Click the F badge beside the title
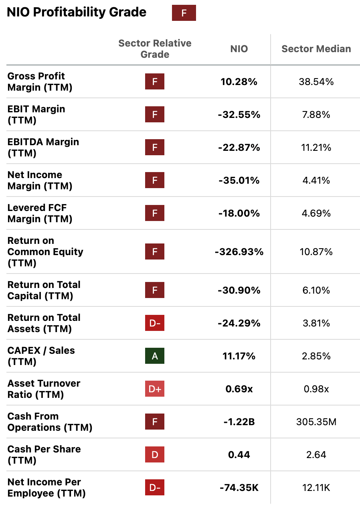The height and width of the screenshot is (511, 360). coord(184,13)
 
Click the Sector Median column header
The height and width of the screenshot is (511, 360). coord(316,49)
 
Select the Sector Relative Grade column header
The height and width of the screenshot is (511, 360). coord(155,49)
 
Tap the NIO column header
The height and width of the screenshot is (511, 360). coord(239,49)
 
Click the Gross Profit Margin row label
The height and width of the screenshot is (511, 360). coord(40,82)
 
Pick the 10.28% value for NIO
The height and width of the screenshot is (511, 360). coord(239,82)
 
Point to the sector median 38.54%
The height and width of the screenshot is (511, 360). coord(316,82)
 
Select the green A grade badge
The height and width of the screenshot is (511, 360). coord(155,356)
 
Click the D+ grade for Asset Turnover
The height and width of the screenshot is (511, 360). coord(155,389)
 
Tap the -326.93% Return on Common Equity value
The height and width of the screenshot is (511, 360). coord(239,252)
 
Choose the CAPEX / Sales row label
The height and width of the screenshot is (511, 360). coord(41,356)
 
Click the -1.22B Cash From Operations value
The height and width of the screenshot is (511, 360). coord(239,422)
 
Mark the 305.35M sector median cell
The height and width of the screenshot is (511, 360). coord(316,422)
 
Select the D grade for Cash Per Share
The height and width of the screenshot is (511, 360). coord(155,455)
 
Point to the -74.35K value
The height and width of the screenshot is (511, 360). coord(239,488)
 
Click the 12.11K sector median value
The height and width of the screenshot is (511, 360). coord(316,488)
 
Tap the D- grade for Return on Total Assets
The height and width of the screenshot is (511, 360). coord(155,323)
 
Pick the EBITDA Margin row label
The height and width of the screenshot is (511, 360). coord(43,148)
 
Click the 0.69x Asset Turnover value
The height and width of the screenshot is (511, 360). coord(239,389)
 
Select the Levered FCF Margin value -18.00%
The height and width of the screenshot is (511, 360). coord(239,213)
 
